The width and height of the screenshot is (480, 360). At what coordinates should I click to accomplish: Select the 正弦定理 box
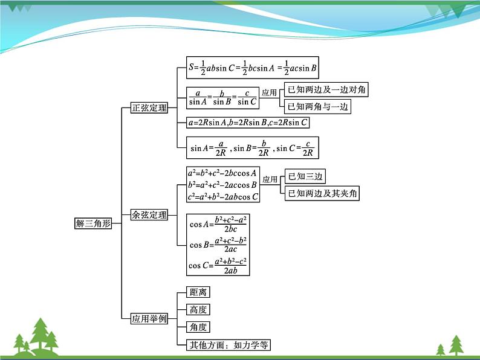(x=149, y=109)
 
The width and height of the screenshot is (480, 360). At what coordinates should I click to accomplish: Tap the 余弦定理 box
(x=149, y=214)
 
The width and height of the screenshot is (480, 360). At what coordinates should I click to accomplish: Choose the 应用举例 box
(x=149, y=318)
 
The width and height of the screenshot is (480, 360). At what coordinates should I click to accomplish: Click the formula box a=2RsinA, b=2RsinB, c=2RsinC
(x=248, y=123)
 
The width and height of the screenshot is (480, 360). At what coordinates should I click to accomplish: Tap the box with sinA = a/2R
(x=252, y=148)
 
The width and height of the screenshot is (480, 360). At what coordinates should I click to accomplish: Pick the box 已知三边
(x=306, y=176)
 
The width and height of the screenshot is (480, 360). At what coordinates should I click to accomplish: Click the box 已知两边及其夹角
(x=323, y=193)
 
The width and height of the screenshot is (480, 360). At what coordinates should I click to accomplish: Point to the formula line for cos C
(x=218, y=265)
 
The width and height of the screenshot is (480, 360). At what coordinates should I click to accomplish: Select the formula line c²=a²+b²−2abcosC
(x=223, y=197)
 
